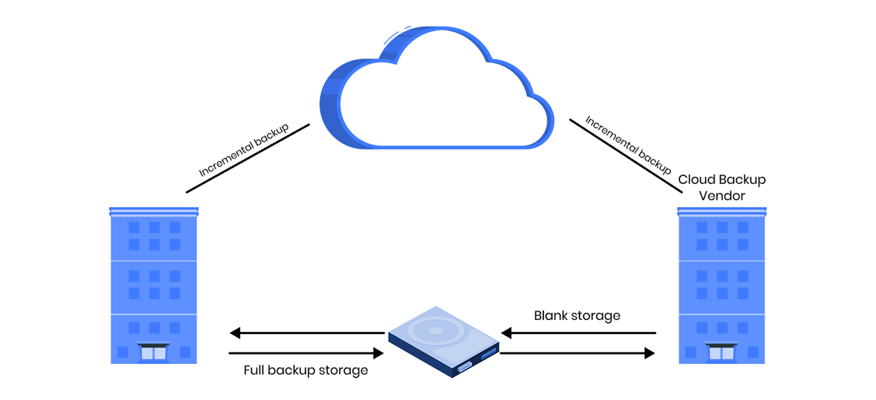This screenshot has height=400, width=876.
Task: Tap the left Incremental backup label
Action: click(x=244, y=150)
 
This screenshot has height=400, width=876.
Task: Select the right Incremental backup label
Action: click(x=628, y=145)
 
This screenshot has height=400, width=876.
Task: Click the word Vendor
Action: click(x=722, y=195)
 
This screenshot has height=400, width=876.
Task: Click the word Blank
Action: click(x=551, y=315)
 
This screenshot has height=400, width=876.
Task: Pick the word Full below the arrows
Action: click(x=254, y=370)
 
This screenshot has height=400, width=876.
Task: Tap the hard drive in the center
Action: click(x=443, y=341)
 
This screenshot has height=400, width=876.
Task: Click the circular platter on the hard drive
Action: click(x=435, y=331)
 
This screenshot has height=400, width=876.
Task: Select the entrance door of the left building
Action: click(x=153, y=352)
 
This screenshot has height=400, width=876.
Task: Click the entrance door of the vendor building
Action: click(x=722, y=352)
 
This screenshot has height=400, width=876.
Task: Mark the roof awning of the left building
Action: click(x=153, y=212)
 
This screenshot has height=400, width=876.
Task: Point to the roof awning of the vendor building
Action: click(x=722, y=212)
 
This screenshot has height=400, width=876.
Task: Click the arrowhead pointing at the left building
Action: click(x=234, y=333)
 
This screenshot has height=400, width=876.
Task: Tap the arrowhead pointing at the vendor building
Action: click(x=649, y=353)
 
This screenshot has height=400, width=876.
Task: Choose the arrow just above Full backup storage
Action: click(x=307, y=353)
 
